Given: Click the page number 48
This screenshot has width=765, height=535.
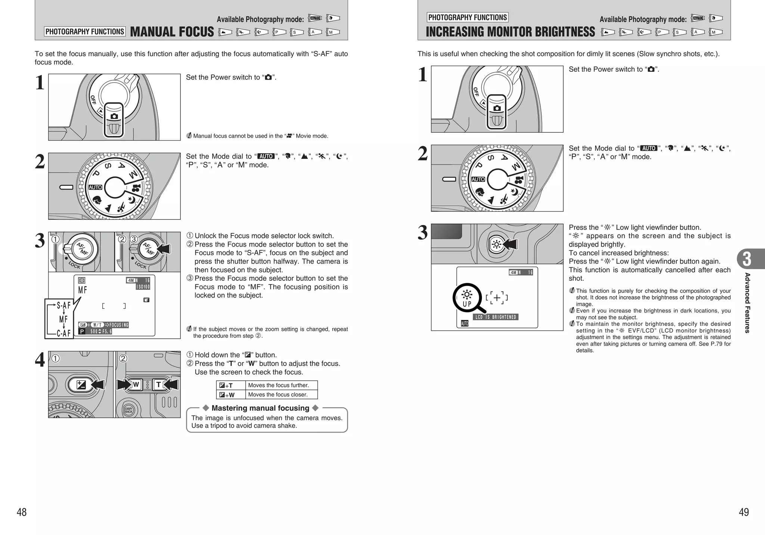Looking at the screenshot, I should pyautogui.click(x=22, y=512).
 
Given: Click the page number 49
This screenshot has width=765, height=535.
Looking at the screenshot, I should pyautogui.click(x=743, y=512).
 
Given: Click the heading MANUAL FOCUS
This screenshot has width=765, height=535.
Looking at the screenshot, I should pyautogui.click(x=172, y=32).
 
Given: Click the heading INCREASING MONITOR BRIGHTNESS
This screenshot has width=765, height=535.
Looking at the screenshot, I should pyautogui.click(x=510, y=32).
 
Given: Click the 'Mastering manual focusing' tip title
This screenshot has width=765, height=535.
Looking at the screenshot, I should pyautogui.click(x=260, y=408).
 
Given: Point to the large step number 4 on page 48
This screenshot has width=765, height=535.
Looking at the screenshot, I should pyautogui.click(x=40, y=360).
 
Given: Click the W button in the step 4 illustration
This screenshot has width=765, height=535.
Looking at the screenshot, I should pyautogui.click(x=136, y=384).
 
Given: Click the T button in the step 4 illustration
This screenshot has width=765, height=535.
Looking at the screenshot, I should pyautogui.click(x=159, y=384).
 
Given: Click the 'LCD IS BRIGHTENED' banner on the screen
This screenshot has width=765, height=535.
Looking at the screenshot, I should pyautogui.click(x=495, y=317).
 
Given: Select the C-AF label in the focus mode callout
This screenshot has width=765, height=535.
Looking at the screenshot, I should pyautogui.click(x=64, y=333).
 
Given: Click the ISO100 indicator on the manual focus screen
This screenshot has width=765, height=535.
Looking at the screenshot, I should pyautogui.click(x=143, y=287).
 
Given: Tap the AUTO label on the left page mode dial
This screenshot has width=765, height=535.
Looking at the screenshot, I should pyautogui.click(x=95, y=187).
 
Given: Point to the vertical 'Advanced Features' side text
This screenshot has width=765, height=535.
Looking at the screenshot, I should pyautogui.click(x=747, y=303).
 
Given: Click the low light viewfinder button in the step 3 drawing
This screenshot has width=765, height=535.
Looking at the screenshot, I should pyautogui.click(x=496, y=245).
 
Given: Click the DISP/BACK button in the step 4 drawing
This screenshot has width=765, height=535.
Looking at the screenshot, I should pyautogui.click(x=128, y=410).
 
